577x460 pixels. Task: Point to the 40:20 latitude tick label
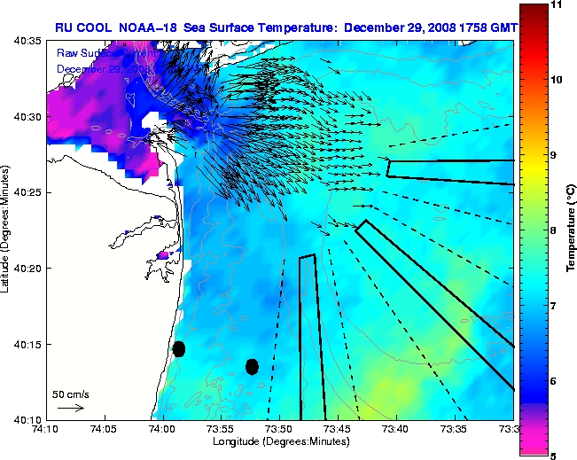click(27, 268)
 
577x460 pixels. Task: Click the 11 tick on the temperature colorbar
click(558, 4)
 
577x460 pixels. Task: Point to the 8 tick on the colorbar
click(556, 230)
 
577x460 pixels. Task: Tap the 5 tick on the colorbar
click(556, 455)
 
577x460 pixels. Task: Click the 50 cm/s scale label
click(70, 394)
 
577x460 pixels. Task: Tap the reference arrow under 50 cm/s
click(70, 408)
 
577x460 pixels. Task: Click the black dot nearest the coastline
click(179, 348)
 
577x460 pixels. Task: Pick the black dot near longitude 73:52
click(252, 366)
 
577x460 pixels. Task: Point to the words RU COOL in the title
click(84, 27)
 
